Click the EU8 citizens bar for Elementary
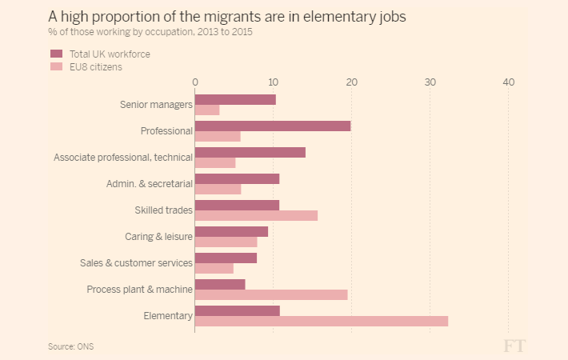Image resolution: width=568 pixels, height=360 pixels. pyautogui.click(x=322, y=321)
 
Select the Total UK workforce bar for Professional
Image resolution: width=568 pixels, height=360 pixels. pyautogui.click(x=273, y=126)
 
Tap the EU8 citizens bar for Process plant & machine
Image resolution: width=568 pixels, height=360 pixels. pyautogui.click(x=271, y=294)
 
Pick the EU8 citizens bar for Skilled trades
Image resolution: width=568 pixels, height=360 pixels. pyautogui.click(x=256, y=215)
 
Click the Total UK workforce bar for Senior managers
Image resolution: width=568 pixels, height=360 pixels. pyautogui.click(x=235, y=99)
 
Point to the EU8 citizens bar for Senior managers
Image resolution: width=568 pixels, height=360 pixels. pyautogui.click(x=207, y=110)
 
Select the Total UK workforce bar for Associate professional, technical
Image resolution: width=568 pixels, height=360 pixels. pyautogui.click(x=250, y=152)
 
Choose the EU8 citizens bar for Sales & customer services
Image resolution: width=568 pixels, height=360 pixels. pyautogui.click(x=214, y=268)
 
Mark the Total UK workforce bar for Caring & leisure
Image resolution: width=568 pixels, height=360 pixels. pyautogui.click(x=231, y=231)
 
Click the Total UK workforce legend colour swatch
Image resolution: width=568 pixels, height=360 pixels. pyautogui.click(x=57, y=54)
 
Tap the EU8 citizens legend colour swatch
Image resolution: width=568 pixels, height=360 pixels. pyautogui.click(x=57, y=67)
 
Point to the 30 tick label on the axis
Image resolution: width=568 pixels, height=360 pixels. pyautogui.click(x=430, y=82)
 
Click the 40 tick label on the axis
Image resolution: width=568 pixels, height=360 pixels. pyautogui.click(x=508, y=82)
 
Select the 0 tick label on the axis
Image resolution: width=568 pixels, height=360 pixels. pyautogui.click(x=195, y=82)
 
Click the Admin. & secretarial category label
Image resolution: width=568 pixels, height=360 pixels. pyautogui.click(x=149, y=184)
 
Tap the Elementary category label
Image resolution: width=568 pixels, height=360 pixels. pyautogui.click(x=167, y=316)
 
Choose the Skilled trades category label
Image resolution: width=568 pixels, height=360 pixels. pyautogui.click(x=163, y=210)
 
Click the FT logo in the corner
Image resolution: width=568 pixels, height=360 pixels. pyautogui.click(x=514, y=346)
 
